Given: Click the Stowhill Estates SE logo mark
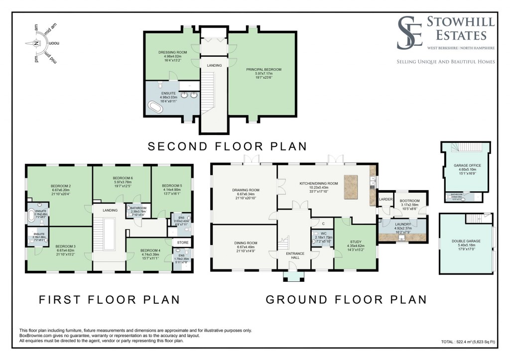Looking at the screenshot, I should pyautogui.click(x=410, y=33).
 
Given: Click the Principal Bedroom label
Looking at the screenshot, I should pyautogui.click(x=263, y=69).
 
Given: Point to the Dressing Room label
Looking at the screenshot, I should pyautogui.click(x=172, y=52).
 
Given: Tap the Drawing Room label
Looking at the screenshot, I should pyautogui.click(x=246, y=190).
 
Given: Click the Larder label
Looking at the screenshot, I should pyautogui.click(x=385, y=199).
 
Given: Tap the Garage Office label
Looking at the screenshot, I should pyautogui.click(x=464, y=165).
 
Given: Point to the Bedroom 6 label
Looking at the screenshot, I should pyautogui.click(x=123, y=178).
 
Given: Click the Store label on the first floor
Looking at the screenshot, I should pyautogui.click(x=180, y=242).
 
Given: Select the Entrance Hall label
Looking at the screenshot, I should pyautogui.click(x=295, y=255).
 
